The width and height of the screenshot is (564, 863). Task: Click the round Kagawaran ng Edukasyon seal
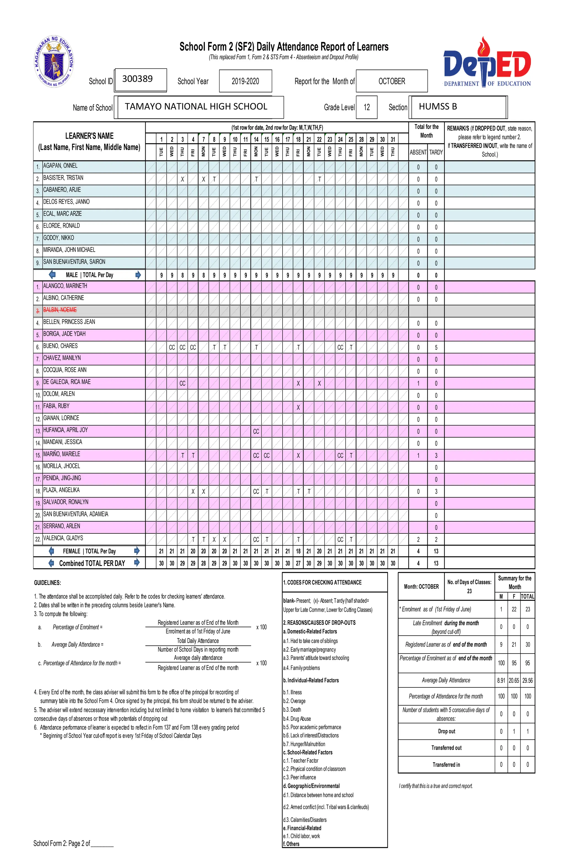pos(54,62)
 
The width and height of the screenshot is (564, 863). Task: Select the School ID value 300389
pos(138,79)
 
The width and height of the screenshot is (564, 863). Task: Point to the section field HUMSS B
pos(438,107)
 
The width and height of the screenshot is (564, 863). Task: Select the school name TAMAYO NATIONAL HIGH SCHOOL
pos(196,107)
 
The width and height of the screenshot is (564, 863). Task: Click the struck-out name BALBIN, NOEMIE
pos(60,310)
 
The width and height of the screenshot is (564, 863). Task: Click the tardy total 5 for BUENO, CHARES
pos(436,347)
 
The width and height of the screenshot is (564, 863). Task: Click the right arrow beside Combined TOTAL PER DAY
pos(137,563)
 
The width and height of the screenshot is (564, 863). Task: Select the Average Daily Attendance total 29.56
pos(527,681)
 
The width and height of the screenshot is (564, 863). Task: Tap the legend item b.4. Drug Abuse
pos(297,719)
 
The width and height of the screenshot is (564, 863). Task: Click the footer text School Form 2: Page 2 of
pos(62,843)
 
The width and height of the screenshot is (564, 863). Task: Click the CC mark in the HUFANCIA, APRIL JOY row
pos(256,431)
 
